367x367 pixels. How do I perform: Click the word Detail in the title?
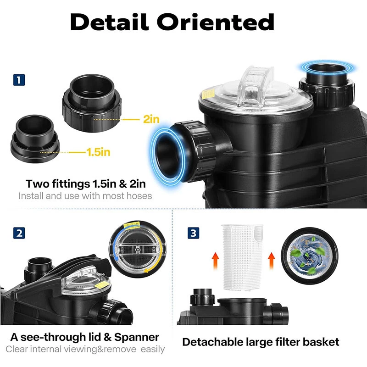[x=109, y=22]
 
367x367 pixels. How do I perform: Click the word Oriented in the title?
[x=215, y=22]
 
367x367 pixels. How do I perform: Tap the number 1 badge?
[x=19, y=80]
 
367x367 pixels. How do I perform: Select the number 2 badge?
[x=19, y=234]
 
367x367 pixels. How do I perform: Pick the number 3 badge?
[x=193, y=233]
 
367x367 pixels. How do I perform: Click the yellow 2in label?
[x=151, y=119]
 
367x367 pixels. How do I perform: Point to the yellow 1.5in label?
[x=98, y=152]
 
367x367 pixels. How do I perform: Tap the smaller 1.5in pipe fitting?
[x=35, y=139]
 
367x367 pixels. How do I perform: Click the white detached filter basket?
[x=242, y=257]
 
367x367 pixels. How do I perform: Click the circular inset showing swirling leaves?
[x=309, y=256]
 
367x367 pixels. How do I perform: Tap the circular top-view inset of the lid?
[x=137, y=249]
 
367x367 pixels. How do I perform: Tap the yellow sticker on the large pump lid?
[x=208, y=94]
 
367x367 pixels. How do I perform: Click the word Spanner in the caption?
[x=136, y=337]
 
